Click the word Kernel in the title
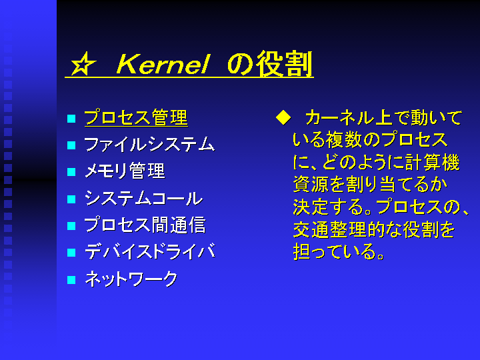(x=163, y=64)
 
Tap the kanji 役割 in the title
(x=285, y=64)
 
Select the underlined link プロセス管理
(x=136, y=117)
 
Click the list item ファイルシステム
(x=149, y=144)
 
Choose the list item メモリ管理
(x=125, y=171)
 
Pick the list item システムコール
(x=143, y=198)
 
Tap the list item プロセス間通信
(x=145, y=225)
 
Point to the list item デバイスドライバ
(x=150, y=251)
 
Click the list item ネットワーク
(x=131, y=279)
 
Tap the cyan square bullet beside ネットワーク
(x=71, y=280)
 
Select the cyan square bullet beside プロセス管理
(x=71, y=119)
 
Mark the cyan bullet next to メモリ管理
(x=71, y=172)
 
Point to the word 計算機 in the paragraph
(x=433, y=162)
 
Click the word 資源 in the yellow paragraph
(x=311, y=185)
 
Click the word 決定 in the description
(x=311, y=207)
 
